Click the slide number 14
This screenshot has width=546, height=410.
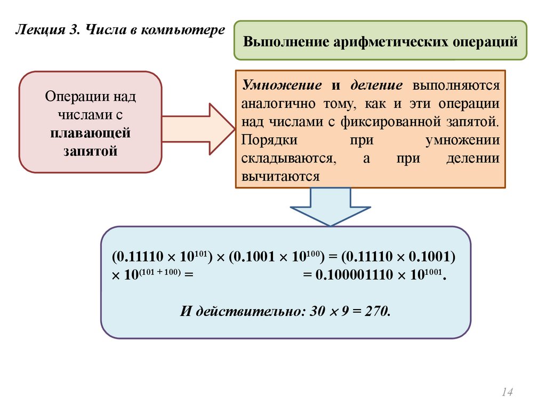(x=507, y=392)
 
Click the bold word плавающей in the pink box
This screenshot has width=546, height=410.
(x=91, y=133)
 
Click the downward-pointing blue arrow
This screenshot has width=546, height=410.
(x=331, y=208)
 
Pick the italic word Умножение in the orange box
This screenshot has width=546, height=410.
(x=282, y=85)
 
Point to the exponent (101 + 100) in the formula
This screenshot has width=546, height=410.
(x=159, y=272)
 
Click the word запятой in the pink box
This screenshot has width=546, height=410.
(x=91, y=151)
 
